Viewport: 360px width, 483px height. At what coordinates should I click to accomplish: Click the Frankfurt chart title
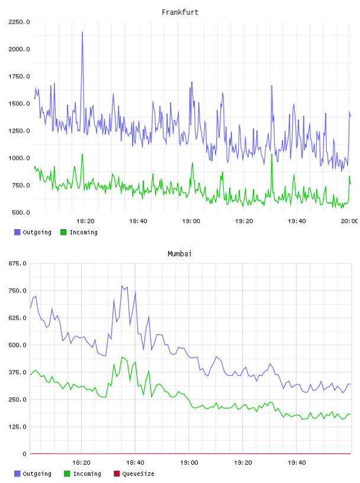click(180, 12)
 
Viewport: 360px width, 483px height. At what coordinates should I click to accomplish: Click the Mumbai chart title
click(179, 254)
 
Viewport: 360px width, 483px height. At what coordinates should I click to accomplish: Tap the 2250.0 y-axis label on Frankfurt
click(19, 22)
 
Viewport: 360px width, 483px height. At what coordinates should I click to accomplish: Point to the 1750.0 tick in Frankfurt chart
click(19, 76)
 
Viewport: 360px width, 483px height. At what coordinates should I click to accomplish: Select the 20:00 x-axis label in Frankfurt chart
click(349, 221)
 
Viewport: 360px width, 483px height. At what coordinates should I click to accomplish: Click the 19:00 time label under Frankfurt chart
click(191, 221)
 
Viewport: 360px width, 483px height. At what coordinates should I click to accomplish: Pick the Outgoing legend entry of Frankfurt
click(33, 232)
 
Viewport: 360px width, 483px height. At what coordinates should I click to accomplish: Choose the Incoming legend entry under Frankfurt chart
click(79, 232)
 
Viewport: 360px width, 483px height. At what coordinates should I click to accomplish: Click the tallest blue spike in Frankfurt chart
click(82, 32)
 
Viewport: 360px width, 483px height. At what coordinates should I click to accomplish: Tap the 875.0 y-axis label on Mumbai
click(18, 263)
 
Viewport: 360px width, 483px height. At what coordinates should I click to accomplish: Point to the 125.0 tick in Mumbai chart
click(18, 427)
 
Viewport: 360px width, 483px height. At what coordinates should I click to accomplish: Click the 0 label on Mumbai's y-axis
click(24, 454)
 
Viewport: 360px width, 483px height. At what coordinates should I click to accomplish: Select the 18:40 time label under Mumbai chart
click(135, 463)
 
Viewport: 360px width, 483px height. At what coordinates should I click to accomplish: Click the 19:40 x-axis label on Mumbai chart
click(297, 463)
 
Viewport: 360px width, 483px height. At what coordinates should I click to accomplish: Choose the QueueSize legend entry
click(134, 474)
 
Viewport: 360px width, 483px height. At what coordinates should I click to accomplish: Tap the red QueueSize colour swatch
click(117, 474)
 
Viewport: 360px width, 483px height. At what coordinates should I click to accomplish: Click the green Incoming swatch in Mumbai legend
click(67, 474)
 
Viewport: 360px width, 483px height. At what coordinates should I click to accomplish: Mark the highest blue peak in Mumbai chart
click(122, 286)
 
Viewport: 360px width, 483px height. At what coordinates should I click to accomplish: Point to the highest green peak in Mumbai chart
click(122, 358)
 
